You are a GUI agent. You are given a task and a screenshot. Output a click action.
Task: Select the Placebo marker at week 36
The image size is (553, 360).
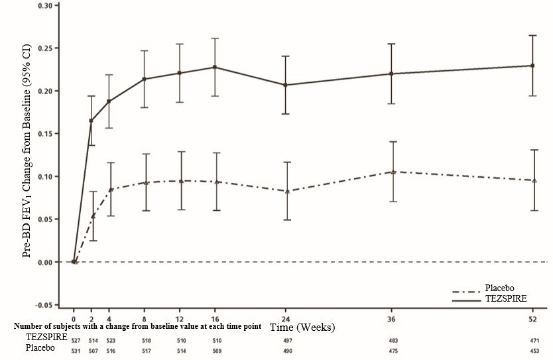point(393,172)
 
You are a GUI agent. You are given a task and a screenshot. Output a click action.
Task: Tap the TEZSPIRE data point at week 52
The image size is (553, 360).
point(532,66)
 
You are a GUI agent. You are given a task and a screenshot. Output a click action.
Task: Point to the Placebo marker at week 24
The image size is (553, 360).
point(286,191)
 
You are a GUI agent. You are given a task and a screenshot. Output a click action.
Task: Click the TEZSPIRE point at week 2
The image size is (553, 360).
point(92,121)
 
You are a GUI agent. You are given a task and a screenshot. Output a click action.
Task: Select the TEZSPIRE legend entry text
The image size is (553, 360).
point(507,299)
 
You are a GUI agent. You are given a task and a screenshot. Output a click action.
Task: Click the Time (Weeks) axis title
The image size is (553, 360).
point(306,328)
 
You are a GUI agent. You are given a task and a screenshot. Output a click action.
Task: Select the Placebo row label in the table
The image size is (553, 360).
point(40,348)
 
